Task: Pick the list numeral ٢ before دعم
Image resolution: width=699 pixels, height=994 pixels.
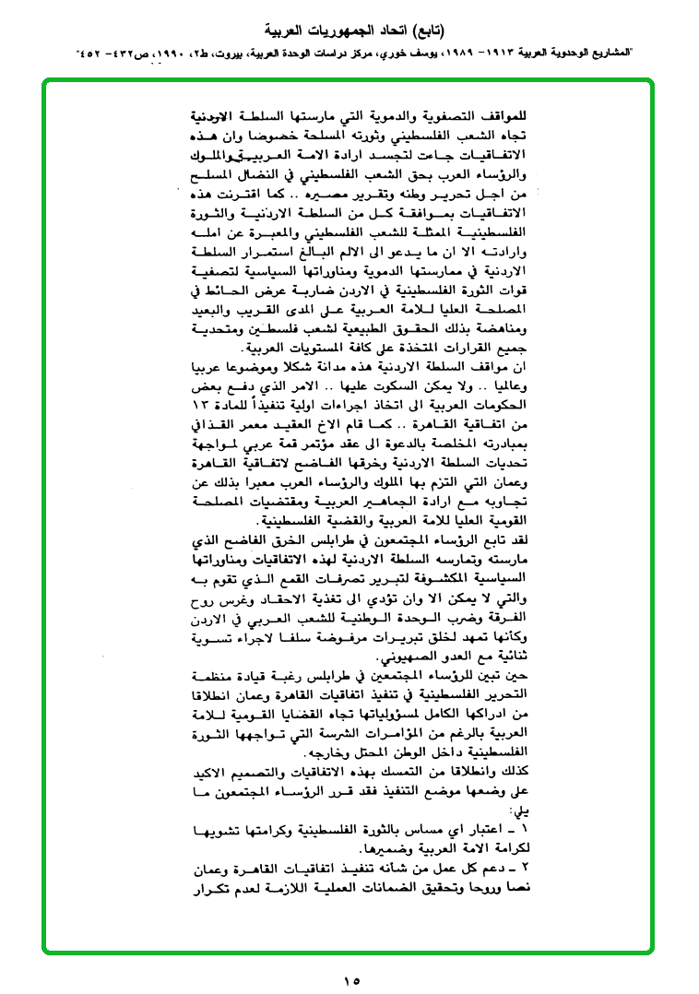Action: coord(528,870)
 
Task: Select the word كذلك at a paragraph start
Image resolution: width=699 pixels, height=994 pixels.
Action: coord(518,767)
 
